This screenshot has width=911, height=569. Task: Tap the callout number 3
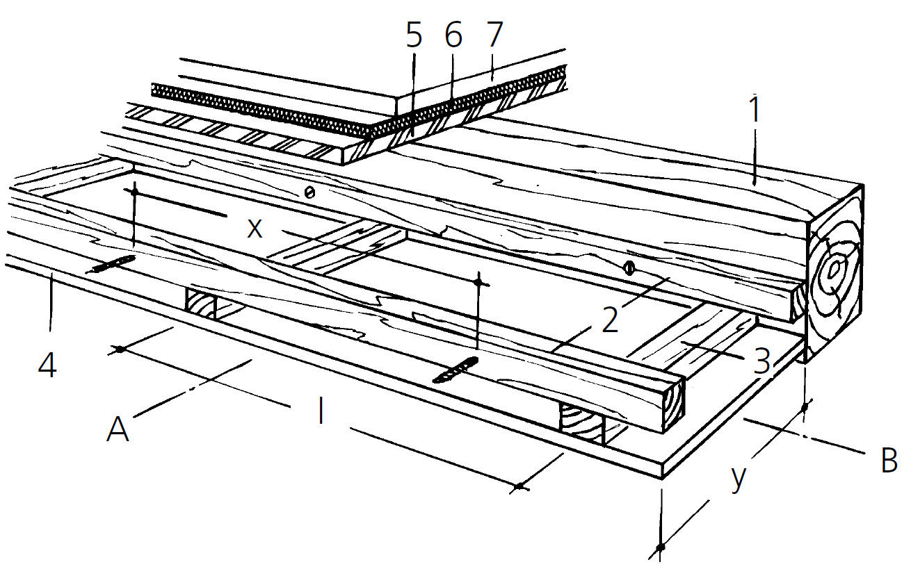pos(763,362)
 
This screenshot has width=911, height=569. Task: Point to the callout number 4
pos(47,365)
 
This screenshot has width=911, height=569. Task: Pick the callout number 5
pos(414,36)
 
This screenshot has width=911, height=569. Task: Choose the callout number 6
pos(453,36)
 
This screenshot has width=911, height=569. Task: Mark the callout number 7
pos(494,36)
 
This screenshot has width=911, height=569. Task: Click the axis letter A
pos(118,430)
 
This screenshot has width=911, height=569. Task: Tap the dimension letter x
pos(255,229)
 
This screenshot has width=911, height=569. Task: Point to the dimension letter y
pos(739,478)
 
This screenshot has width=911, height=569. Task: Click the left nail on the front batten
pos(111,265)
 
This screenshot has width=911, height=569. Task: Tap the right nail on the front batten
pos(455,370)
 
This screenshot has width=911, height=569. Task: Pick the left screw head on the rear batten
pos(309,192)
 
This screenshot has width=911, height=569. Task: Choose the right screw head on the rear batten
pos(629,265)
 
